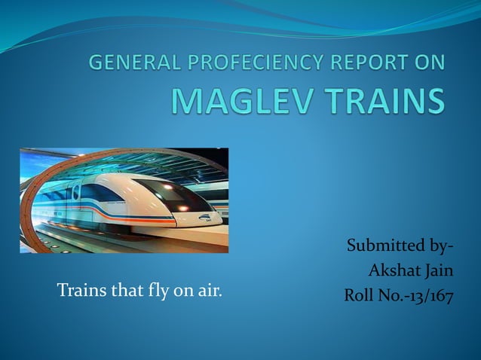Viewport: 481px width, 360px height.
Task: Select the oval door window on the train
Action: click(x=75, y=193)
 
